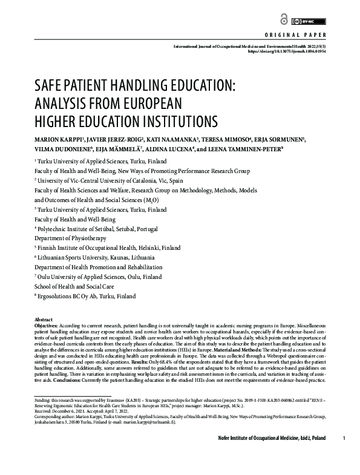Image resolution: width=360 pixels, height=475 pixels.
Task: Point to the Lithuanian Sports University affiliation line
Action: [x=96, y=258]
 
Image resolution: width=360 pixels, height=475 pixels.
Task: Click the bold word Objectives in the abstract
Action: [x=49, y=326]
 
